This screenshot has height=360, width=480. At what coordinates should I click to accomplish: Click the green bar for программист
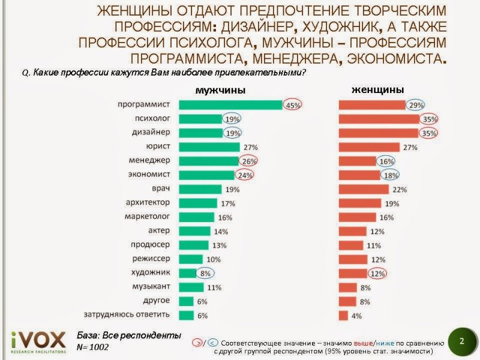[231, 105]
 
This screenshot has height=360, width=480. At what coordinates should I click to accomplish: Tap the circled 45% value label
[293, 105]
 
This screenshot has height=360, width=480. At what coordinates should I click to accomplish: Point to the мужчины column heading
[221, 91]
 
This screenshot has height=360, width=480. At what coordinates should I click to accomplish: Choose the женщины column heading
[377, 89]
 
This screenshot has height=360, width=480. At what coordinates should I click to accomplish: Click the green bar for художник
[188, 272]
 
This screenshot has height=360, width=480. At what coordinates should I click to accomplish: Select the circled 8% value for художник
[205, 272]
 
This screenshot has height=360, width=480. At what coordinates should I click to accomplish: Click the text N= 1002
[93, 347]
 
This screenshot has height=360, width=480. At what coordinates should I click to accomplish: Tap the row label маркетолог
[148, 216]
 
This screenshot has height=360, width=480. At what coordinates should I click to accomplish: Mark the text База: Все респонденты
[128, 335]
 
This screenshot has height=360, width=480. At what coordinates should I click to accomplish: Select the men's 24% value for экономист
[244, 175]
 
